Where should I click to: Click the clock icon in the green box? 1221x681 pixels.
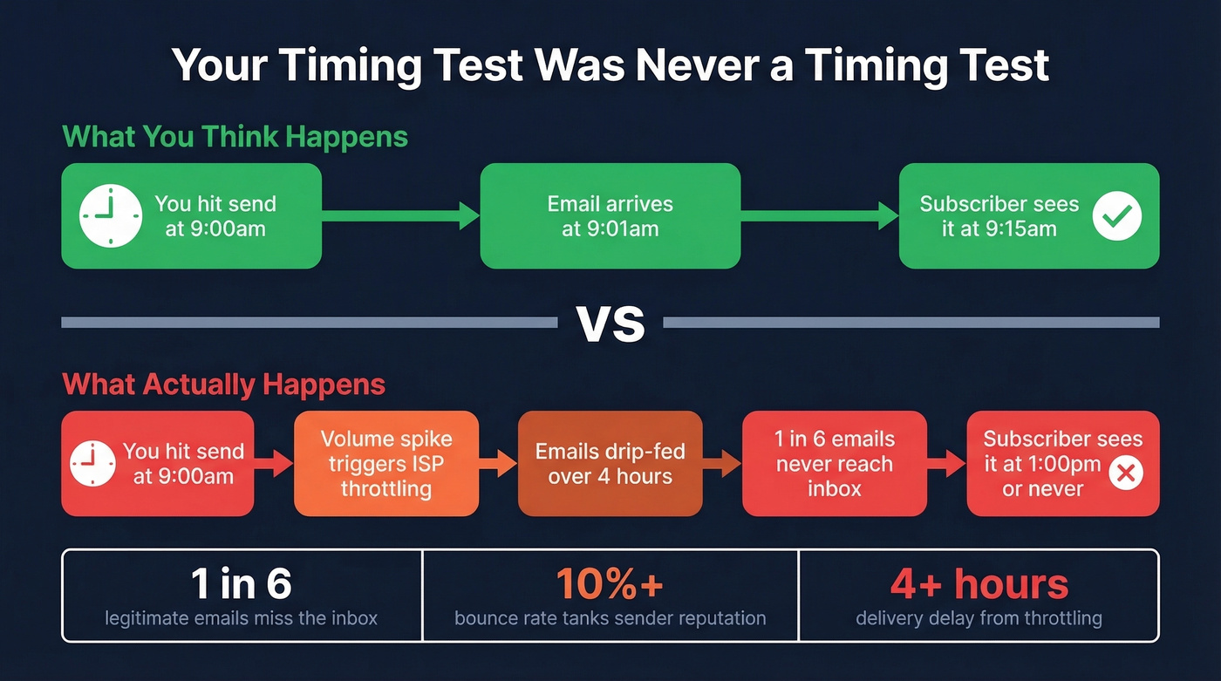[x=110, y=215]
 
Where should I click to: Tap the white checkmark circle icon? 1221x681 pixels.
[x=1117, y=215]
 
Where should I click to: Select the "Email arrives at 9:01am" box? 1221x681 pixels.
[x=610, y=216]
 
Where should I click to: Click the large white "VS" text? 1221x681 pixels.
[x=610, y=323]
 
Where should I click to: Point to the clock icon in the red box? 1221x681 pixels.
[x=92, y=463]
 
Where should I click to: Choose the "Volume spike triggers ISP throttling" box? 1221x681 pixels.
[x=386, y=463]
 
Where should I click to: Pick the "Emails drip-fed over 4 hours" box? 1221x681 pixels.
[x=610, y=463]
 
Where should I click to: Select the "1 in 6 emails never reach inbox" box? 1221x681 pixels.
[x=834, y=463]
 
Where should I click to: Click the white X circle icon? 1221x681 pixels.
[x=1125, y=474]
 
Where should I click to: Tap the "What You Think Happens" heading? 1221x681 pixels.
[x=235, y=137]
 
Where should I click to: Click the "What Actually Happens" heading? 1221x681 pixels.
[x=224, y=385]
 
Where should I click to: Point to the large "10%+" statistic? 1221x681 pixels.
[x=610, y=584]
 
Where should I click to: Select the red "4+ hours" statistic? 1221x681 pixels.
[x=979, y=584]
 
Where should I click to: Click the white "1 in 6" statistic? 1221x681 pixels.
[x=241, y=584]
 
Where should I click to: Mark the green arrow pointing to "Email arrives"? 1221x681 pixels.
[x=401, y=215]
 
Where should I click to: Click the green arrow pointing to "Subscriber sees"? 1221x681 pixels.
[x=820, y=215]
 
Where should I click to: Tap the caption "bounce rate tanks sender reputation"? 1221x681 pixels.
[x=610, y=619]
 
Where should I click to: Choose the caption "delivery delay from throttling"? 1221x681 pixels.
[x=979, y=619]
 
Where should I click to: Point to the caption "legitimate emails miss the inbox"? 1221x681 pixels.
[x=241, y=619]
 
